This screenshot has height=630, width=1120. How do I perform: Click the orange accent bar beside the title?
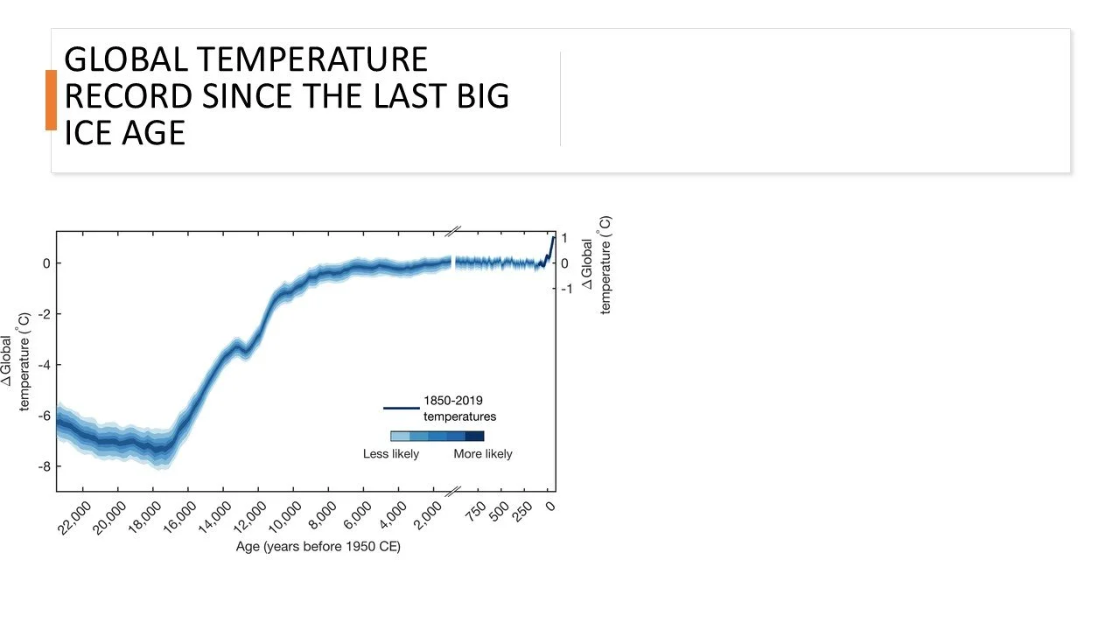51,100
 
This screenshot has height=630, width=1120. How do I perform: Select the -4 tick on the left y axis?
44,365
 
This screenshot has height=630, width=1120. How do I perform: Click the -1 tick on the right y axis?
567,289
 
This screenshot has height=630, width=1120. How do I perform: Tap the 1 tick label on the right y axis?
565,238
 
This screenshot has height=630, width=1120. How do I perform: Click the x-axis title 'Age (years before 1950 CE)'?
318,548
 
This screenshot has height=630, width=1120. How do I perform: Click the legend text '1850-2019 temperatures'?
459,409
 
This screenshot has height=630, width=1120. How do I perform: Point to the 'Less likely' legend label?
391,454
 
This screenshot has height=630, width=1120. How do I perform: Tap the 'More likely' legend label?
483,454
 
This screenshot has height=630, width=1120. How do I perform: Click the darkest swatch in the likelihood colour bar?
474,436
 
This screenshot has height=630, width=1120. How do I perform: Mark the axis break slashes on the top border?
452,231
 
